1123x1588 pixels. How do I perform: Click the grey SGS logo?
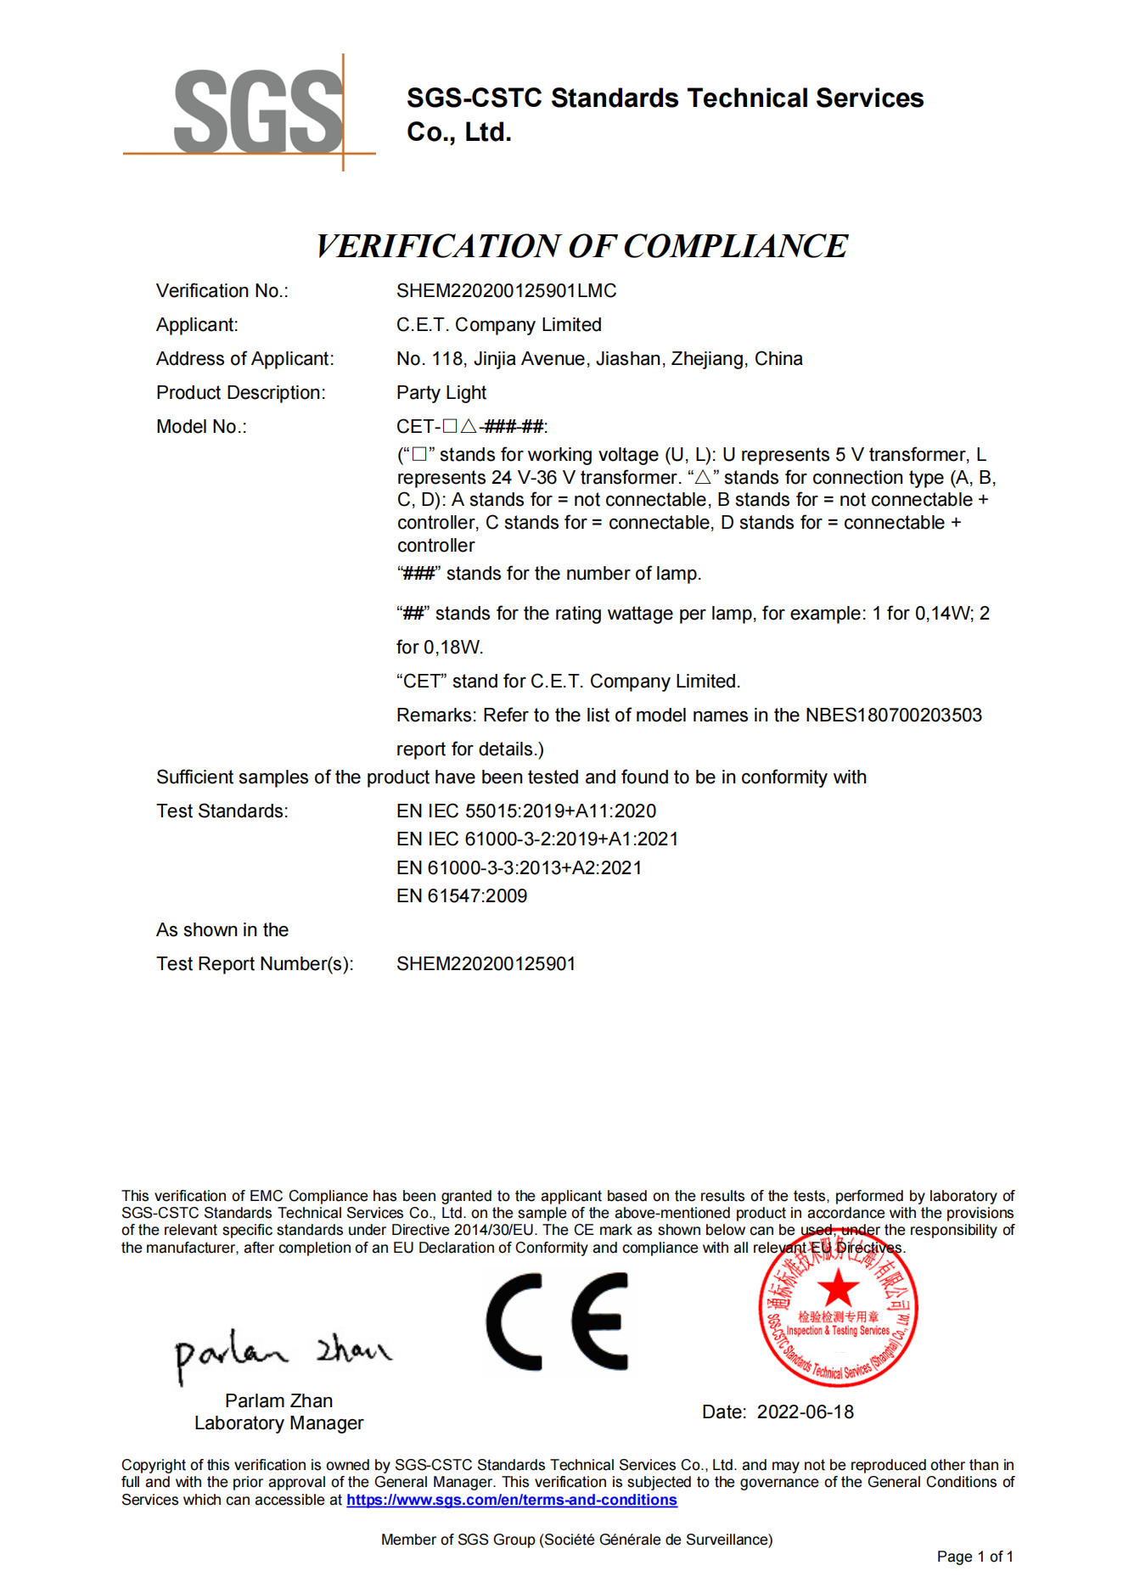(257, 112)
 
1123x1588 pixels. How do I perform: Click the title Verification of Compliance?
(581, 246)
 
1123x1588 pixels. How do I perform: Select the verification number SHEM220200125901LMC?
(506, 291)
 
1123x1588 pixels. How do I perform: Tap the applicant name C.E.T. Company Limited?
(498, 325)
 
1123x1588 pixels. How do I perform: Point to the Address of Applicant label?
(244, 359)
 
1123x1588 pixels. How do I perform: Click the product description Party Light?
(441, 393)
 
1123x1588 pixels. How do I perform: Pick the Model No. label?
(201, 427)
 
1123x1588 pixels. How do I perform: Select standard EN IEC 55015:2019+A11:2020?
(525, 811)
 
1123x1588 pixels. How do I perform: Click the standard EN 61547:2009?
(461, 896)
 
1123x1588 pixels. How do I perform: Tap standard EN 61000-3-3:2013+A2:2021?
(519, 868)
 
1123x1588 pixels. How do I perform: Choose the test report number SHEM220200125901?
(486, 964)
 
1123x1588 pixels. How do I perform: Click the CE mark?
(557, 1321)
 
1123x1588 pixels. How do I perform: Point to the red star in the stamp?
(838, 1288)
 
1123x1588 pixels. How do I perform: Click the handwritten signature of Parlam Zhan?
(282, 1352)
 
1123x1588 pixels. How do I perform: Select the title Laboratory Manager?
(278, 1423)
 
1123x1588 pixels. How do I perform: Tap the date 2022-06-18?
(805, 1412)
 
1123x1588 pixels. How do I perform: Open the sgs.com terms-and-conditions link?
(511, 1500)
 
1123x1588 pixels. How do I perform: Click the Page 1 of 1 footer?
(974, 1557)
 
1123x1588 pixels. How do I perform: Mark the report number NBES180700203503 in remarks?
(893, 715)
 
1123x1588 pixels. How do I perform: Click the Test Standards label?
(222, 811)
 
